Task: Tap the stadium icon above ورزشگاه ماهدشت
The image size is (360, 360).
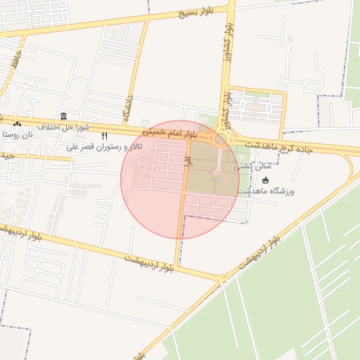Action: click(x=265, y=181)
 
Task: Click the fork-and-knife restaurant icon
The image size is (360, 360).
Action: click(x=104, y=136)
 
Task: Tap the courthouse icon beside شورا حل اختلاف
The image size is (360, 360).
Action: click(x=64, y=116)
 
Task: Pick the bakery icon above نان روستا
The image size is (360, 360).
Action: click(x=17, y=123)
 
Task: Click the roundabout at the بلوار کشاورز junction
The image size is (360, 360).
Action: click(x=221, y=139)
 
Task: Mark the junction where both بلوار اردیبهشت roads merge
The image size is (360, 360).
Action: click(x=224, y=276)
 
